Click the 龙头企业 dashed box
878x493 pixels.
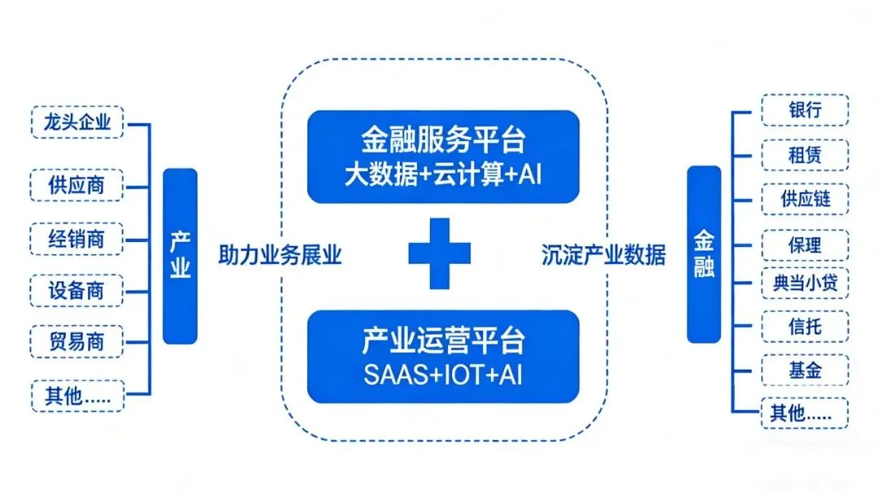click(x=76, y=123)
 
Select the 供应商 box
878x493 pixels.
click(x=76, y=184)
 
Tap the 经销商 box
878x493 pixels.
click(x=76, y=239)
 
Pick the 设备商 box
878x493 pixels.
click(x=76, y=290)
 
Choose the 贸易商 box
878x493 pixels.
click(x=76, y=341)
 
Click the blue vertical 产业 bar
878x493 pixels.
click(x=180, y=256)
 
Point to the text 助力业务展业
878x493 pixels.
click(x=280, y=256)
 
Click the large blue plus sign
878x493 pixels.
click(x=440, y=253)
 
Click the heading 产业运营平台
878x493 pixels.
click(x=443, y=340)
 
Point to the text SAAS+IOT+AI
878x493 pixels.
click(x=443, y=374)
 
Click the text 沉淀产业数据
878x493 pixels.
click(x=603, y=256)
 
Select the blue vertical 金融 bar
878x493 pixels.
click(x=704, y=254)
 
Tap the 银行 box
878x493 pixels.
click(x=805, y=110)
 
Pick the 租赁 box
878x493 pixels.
click(x=805, y=155)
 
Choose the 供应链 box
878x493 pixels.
click(x=805, y=200)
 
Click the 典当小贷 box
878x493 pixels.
click(x=805, y=283)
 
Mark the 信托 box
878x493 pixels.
click(x=805, y=327)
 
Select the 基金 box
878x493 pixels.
click(x=805, y=370)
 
